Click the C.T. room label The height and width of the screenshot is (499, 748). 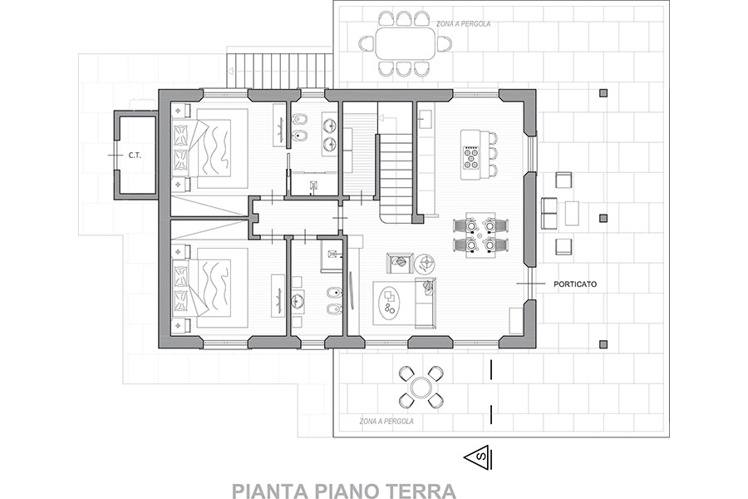pos(134,156)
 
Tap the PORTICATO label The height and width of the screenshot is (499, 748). pos(575,284)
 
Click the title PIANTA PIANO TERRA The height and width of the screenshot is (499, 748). pos(343,491)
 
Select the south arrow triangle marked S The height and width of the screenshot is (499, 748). pos(479,457)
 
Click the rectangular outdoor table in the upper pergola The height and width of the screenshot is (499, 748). pos(406,44)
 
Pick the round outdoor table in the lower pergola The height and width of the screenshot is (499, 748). pos(421,388)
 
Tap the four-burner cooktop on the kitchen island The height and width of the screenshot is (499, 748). pos(471,156)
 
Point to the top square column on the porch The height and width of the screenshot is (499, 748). pos(603,93)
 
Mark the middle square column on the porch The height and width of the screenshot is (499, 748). pos(603,218)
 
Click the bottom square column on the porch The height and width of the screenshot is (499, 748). pos(603,343)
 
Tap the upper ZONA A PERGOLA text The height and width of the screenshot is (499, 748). pos(463,23)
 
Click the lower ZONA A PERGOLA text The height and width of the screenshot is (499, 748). pos(386,422)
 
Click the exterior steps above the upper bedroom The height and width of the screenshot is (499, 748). pos(279,71)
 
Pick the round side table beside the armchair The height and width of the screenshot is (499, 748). pos(424,263)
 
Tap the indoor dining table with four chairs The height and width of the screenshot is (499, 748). pos(480,235)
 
